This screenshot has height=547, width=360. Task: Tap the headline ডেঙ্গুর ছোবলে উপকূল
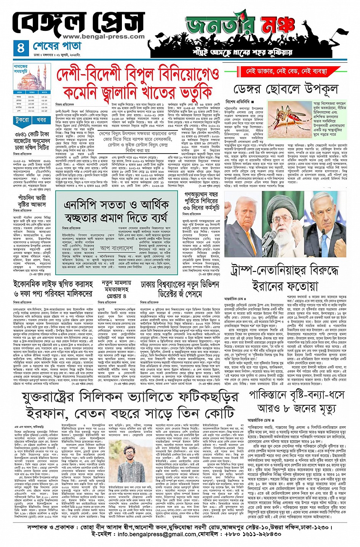(x=285, y=90)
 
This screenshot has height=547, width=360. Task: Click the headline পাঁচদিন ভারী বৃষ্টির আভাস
(x=32, y=201)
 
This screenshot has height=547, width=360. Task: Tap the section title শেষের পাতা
(x=57, y=46)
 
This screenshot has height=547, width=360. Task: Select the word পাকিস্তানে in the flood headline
(x=270, y=395)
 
